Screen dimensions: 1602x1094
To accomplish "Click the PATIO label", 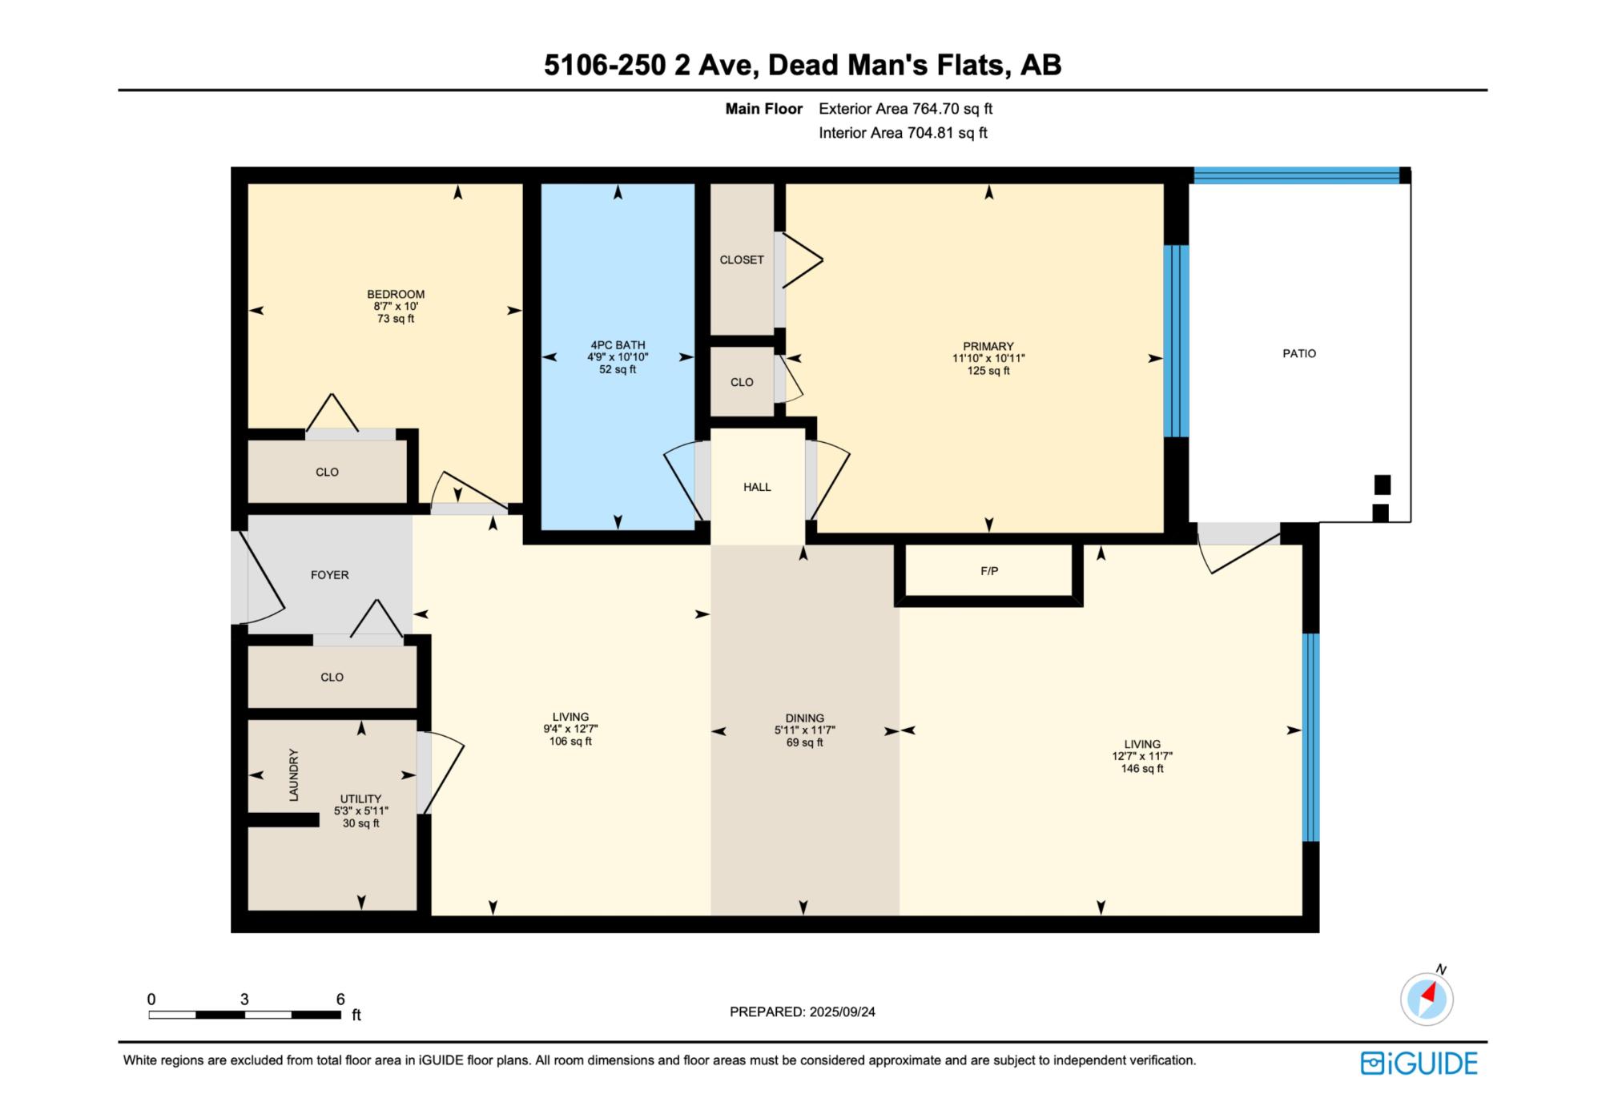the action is tap(1299, 353).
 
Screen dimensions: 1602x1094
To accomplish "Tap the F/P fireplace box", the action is tap(989, 572).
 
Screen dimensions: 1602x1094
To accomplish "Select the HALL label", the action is tap(757, 487).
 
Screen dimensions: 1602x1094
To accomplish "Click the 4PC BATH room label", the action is tap(618, 345).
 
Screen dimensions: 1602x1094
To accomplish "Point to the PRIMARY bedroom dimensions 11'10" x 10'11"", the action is tap(988, 359).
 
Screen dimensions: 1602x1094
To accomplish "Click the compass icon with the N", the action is tap(1427, 998).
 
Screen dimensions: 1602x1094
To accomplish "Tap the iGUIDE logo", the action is tap(1419, 1063).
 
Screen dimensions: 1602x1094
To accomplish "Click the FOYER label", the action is tap(330, 575).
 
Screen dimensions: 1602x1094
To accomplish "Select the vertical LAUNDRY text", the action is tap(294, 775).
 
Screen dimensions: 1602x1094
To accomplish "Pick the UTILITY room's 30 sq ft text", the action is tap(361, 823).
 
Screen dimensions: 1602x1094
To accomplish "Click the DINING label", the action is tap(804, 718).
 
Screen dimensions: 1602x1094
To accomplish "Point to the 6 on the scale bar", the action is tap(340, 999).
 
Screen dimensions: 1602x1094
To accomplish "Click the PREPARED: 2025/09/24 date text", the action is tap(803, 1012).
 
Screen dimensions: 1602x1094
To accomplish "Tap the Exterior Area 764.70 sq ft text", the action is tap(906, 109).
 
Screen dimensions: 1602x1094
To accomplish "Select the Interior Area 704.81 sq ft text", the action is tap(903, 133).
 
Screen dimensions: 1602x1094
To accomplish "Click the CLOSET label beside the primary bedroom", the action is tap(742, 259).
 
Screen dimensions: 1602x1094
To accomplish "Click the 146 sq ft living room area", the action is tap(1142, 769).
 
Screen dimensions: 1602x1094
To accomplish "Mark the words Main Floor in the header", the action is tap(764, 109).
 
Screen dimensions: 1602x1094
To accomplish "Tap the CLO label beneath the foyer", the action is tap(332, 678).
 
